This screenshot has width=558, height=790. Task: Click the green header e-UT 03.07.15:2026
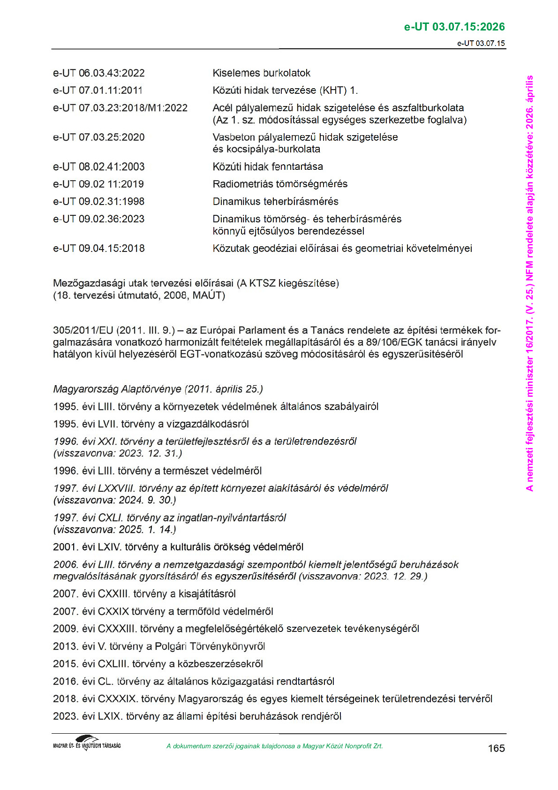point(454,27)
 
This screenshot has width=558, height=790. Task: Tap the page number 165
point(496,748)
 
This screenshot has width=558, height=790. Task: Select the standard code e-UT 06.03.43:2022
point(99,73)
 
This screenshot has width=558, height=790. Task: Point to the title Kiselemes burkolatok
point(261,73)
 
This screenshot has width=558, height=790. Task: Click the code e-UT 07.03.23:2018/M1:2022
point(120,108)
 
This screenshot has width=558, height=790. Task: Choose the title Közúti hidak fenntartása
point(267,167)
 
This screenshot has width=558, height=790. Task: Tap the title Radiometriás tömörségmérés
point(280,184)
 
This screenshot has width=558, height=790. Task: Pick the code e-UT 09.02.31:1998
point(99,202)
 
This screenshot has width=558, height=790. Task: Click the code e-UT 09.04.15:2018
point(99,249)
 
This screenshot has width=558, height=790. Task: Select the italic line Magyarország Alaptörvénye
point(158,389)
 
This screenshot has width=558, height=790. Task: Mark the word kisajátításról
point(207,594)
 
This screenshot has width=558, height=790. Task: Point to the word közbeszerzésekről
point(220,664)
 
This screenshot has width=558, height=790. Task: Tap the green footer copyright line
point(274,746)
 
